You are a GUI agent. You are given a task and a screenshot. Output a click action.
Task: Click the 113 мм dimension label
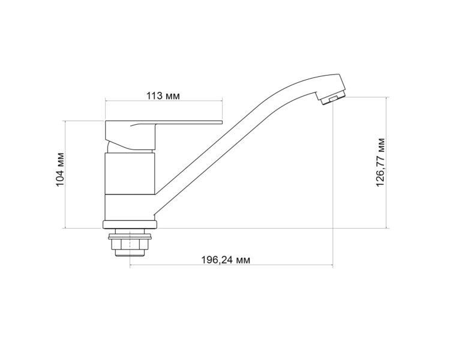click(x=163, y=95)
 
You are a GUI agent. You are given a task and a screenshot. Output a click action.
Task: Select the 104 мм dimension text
click(x=60, y=169)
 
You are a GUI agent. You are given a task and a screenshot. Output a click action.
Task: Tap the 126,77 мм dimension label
click(x=380, y=162)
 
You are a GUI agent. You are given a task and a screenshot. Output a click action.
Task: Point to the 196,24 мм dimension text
click(x=225, y=260)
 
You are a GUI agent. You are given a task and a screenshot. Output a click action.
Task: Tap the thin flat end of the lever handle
click(x=201, y=122)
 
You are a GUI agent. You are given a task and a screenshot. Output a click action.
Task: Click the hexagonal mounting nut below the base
click(x=130, y=245)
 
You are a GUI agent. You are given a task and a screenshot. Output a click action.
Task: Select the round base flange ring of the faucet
click(x=130, y=224)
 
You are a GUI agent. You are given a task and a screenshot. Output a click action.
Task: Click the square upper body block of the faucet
click(x=130, y=173)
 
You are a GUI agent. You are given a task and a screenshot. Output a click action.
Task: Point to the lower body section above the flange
click(x=130, y=208)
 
